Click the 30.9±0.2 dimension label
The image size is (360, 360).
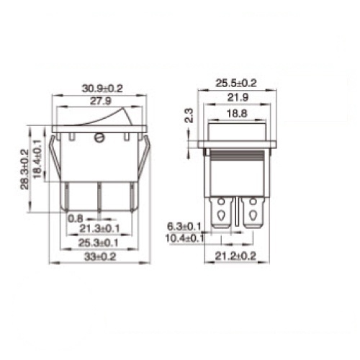click(x=102, y=88)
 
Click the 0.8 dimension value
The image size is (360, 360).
click(x=74, y=218)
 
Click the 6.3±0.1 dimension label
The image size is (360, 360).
click(x=184, y=226)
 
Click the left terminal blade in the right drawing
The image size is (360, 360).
click(x=221, y=212)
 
